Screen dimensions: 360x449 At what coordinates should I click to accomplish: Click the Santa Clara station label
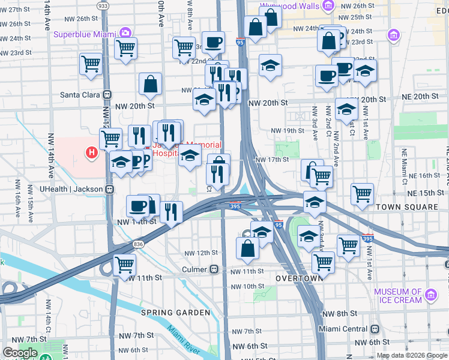click(x=82, y=94)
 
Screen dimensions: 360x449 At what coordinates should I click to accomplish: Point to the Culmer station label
click(x=195, y=270)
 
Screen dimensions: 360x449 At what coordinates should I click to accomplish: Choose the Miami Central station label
click(x=342, y=329)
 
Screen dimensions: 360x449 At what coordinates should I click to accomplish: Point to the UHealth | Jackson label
click(x=72, y=189)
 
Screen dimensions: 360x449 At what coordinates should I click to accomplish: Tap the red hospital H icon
click(x=92, y=153)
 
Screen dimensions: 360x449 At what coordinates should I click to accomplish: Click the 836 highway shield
click(x=139, y=244)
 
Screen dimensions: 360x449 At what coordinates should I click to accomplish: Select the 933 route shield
click(x=103, y=5)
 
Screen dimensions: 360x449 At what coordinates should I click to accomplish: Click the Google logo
click(x=20, y=353)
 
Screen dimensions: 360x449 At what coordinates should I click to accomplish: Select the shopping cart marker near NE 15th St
click(x=362, y=194)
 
